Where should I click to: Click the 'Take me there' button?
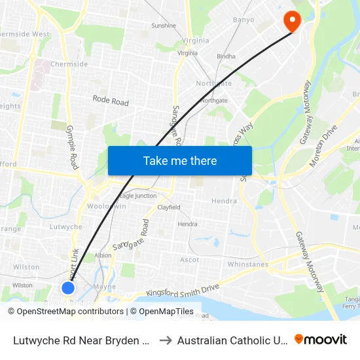point(179,160)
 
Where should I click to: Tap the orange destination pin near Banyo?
point(291,20)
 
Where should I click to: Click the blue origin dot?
point(68,287)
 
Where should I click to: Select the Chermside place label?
point(69,64)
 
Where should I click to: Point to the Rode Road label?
point(111,101)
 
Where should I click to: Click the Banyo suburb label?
point(243,20)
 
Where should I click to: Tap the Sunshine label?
point(164,26)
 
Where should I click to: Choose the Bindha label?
point(226,56)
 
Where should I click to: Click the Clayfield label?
point(169,207)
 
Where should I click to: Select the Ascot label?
point(190,260)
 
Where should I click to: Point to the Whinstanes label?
point(247,264)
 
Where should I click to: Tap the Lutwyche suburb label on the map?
point(66,226)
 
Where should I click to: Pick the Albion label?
point(103,255)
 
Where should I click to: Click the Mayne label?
point(105,286)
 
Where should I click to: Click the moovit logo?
point(321,339)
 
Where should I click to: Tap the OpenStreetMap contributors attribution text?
point(65,312)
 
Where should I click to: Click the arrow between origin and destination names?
point(165,340)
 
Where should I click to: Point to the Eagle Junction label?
point(137,196)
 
